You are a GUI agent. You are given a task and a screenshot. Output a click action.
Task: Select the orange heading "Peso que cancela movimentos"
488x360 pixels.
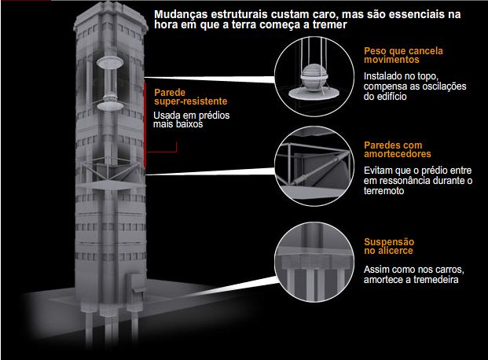(403, 55)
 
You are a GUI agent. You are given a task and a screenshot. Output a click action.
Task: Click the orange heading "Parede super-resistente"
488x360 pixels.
(191, 97)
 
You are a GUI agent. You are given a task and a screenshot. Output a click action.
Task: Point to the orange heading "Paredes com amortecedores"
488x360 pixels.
(398, 149)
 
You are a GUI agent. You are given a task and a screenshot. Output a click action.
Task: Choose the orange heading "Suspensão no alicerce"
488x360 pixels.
(389, 246)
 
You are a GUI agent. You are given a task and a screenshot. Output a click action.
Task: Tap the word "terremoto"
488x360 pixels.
(383, 190)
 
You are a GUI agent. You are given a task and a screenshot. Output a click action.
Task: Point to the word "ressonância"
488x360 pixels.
(412, 181)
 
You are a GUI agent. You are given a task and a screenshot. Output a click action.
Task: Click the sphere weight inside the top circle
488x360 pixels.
(314, 78)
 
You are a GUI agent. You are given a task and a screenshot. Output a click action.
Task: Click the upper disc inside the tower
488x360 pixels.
(110, 62)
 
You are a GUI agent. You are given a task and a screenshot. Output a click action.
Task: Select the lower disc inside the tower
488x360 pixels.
(110, 106)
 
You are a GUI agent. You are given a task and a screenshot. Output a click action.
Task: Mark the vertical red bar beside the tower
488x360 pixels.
(145, 124)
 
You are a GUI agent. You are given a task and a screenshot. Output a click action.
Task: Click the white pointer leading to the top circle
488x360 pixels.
(210, 79)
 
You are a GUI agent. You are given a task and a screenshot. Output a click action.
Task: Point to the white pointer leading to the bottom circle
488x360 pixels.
(230, 287)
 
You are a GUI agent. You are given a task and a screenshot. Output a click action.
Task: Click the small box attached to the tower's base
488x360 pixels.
(136, 283)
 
